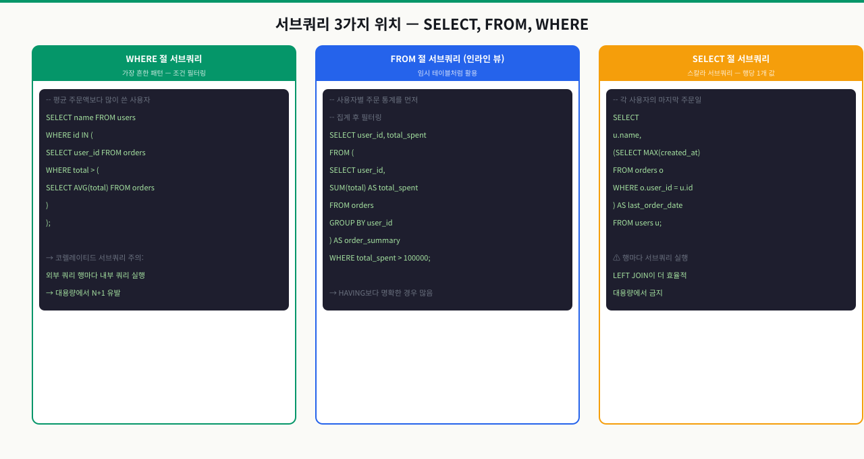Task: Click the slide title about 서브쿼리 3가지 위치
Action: point(432,24)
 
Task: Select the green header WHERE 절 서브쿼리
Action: point(164,59)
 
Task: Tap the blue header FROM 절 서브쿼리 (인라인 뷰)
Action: point(448,59)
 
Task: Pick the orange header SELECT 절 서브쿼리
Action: point(731,59)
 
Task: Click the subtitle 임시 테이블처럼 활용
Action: point(448,73)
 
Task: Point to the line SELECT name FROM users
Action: point(90,117)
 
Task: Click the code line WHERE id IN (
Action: point(70,135)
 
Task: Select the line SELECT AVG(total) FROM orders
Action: point(101,188)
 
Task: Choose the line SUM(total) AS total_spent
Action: point(373,188)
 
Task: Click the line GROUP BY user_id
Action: point(360,223)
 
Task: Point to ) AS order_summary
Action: point(364,240)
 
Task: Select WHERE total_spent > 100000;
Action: point(380,258)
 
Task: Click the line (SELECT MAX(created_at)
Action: point(657,153)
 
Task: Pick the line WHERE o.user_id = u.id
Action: point(653,188)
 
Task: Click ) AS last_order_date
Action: point(647,205)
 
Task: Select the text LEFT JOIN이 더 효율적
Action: point(649,275)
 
